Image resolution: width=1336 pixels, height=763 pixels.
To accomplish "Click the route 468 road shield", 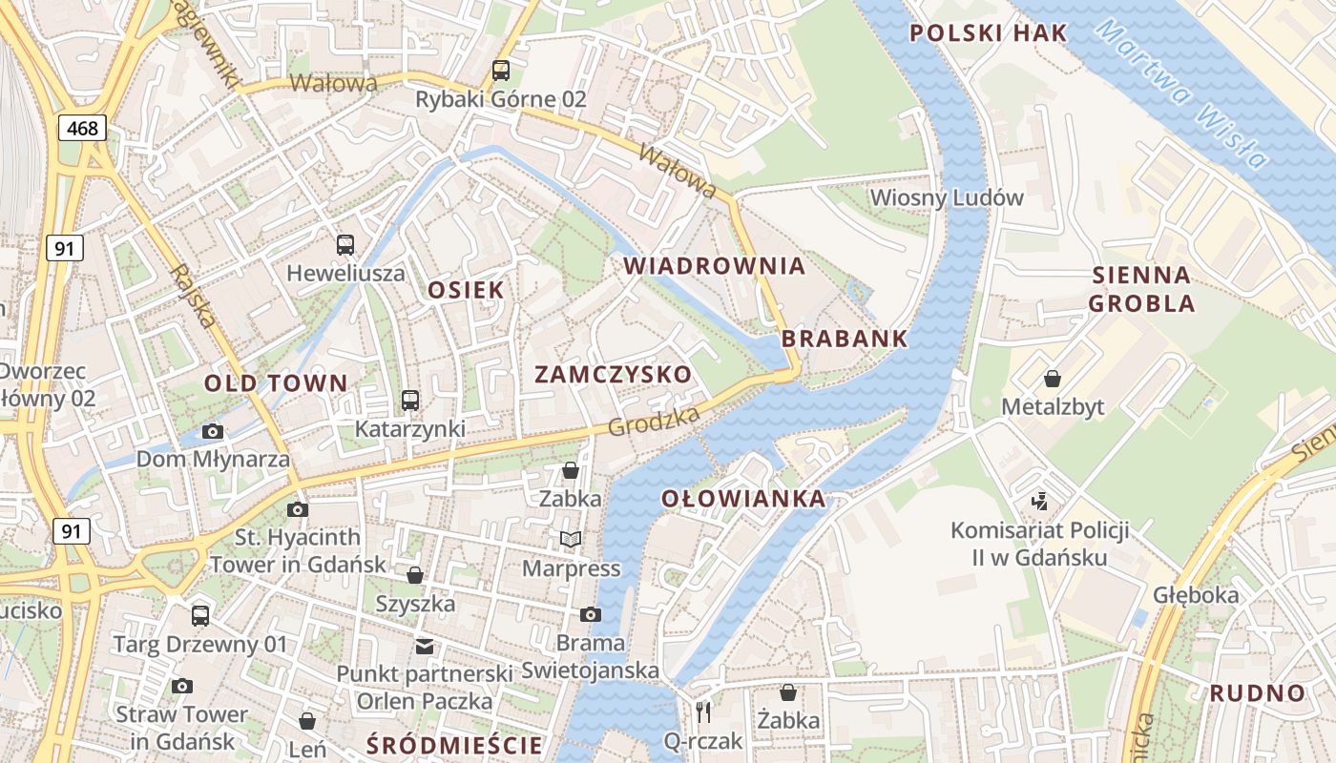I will pos(82,128).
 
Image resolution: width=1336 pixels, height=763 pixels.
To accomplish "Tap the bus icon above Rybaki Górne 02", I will pos(501,70).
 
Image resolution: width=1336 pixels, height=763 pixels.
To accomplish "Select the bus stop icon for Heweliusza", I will pos(345,245).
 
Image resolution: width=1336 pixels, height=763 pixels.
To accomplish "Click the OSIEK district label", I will pos(466,291).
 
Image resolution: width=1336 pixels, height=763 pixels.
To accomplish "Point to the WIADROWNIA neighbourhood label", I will pos(715,266).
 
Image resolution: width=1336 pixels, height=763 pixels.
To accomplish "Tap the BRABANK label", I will pos(845,339).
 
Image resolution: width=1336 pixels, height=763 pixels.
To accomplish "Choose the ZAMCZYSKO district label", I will pos(613,374).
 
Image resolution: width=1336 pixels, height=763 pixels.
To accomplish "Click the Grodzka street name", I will pos(654,420).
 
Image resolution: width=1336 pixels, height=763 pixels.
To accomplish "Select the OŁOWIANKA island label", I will pos(743,499).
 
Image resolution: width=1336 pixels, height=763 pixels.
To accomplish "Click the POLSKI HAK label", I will pos(988,33).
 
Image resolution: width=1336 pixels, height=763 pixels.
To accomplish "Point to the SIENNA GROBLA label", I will pos(1141,290).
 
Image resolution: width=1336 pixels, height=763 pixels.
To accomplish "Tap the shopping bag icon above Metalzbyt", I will pos(1053,379).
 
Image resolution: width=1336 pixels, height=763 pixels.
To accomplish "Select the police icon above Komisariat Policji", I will pos(1040,501).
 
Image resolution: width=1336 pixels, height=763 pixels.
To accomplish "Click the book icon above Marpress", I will pos(571,540).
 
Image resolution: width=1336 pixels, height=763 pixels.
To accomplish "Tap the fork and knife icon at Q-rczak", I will pos(704,711).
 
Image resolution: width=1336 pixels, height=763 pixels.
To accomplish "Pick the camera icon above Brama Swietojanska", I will pos(591,614).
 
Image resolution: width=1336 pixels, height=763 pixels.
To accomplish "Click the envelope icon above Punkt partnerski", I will pos(425,647).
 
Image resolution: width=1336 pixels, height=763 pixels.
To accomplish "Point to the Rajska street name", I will pos(193,296).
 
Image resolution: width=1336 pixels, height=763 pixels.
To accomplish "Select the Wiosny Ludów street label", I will pos(947,198).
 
